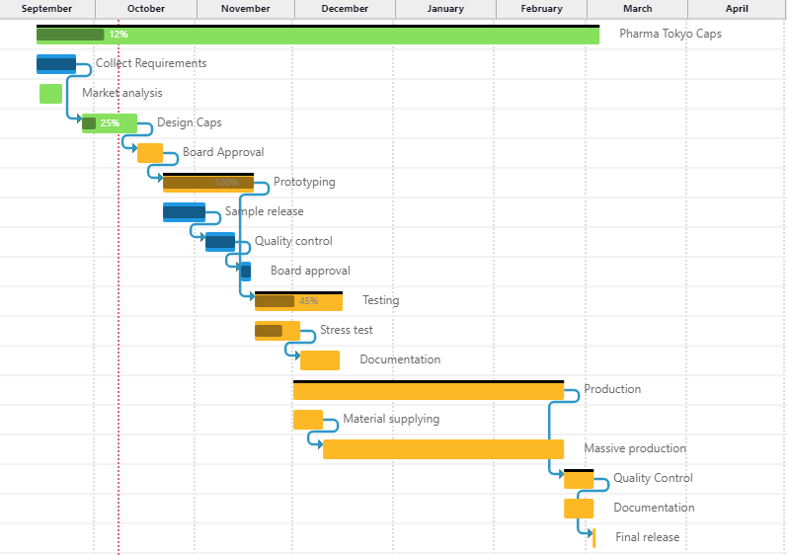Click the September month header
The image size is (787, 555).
click(46, 9)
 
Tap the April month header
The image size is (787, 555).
click(736, 9)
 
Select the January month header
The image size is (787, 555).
click(445, 9)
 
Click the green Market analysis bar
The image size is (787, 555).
click(50, 94)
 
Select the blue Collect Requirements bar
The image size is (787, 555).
click(56, 64)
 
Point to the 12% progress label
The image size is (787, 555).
click(118, 35)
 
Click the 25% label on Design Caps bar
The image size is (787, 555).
click(110, 123)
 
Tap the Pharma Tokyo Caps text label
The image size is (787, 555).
click(669, 34)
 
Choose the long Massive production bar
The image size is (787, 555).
click(442, 449)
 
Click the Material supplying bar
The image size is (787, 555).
click(307, 420)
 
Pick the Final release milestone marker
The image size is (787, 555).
click(593, 537)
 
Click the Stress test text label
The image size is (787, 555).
click(346, 330)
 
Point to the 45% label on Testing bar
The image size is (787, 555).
click(308, 301)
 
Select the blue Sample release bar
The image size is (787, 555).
click(184, 212)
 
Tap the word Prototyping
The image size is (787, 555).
click(304, 182)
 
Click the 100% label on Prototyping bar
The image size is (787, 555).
click(226, 183)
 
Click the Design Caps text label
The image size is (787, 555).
click(189, 122)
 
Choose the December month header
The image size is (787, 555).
click(345, 9)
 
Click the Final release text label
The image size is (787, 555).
click(647, 537)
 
